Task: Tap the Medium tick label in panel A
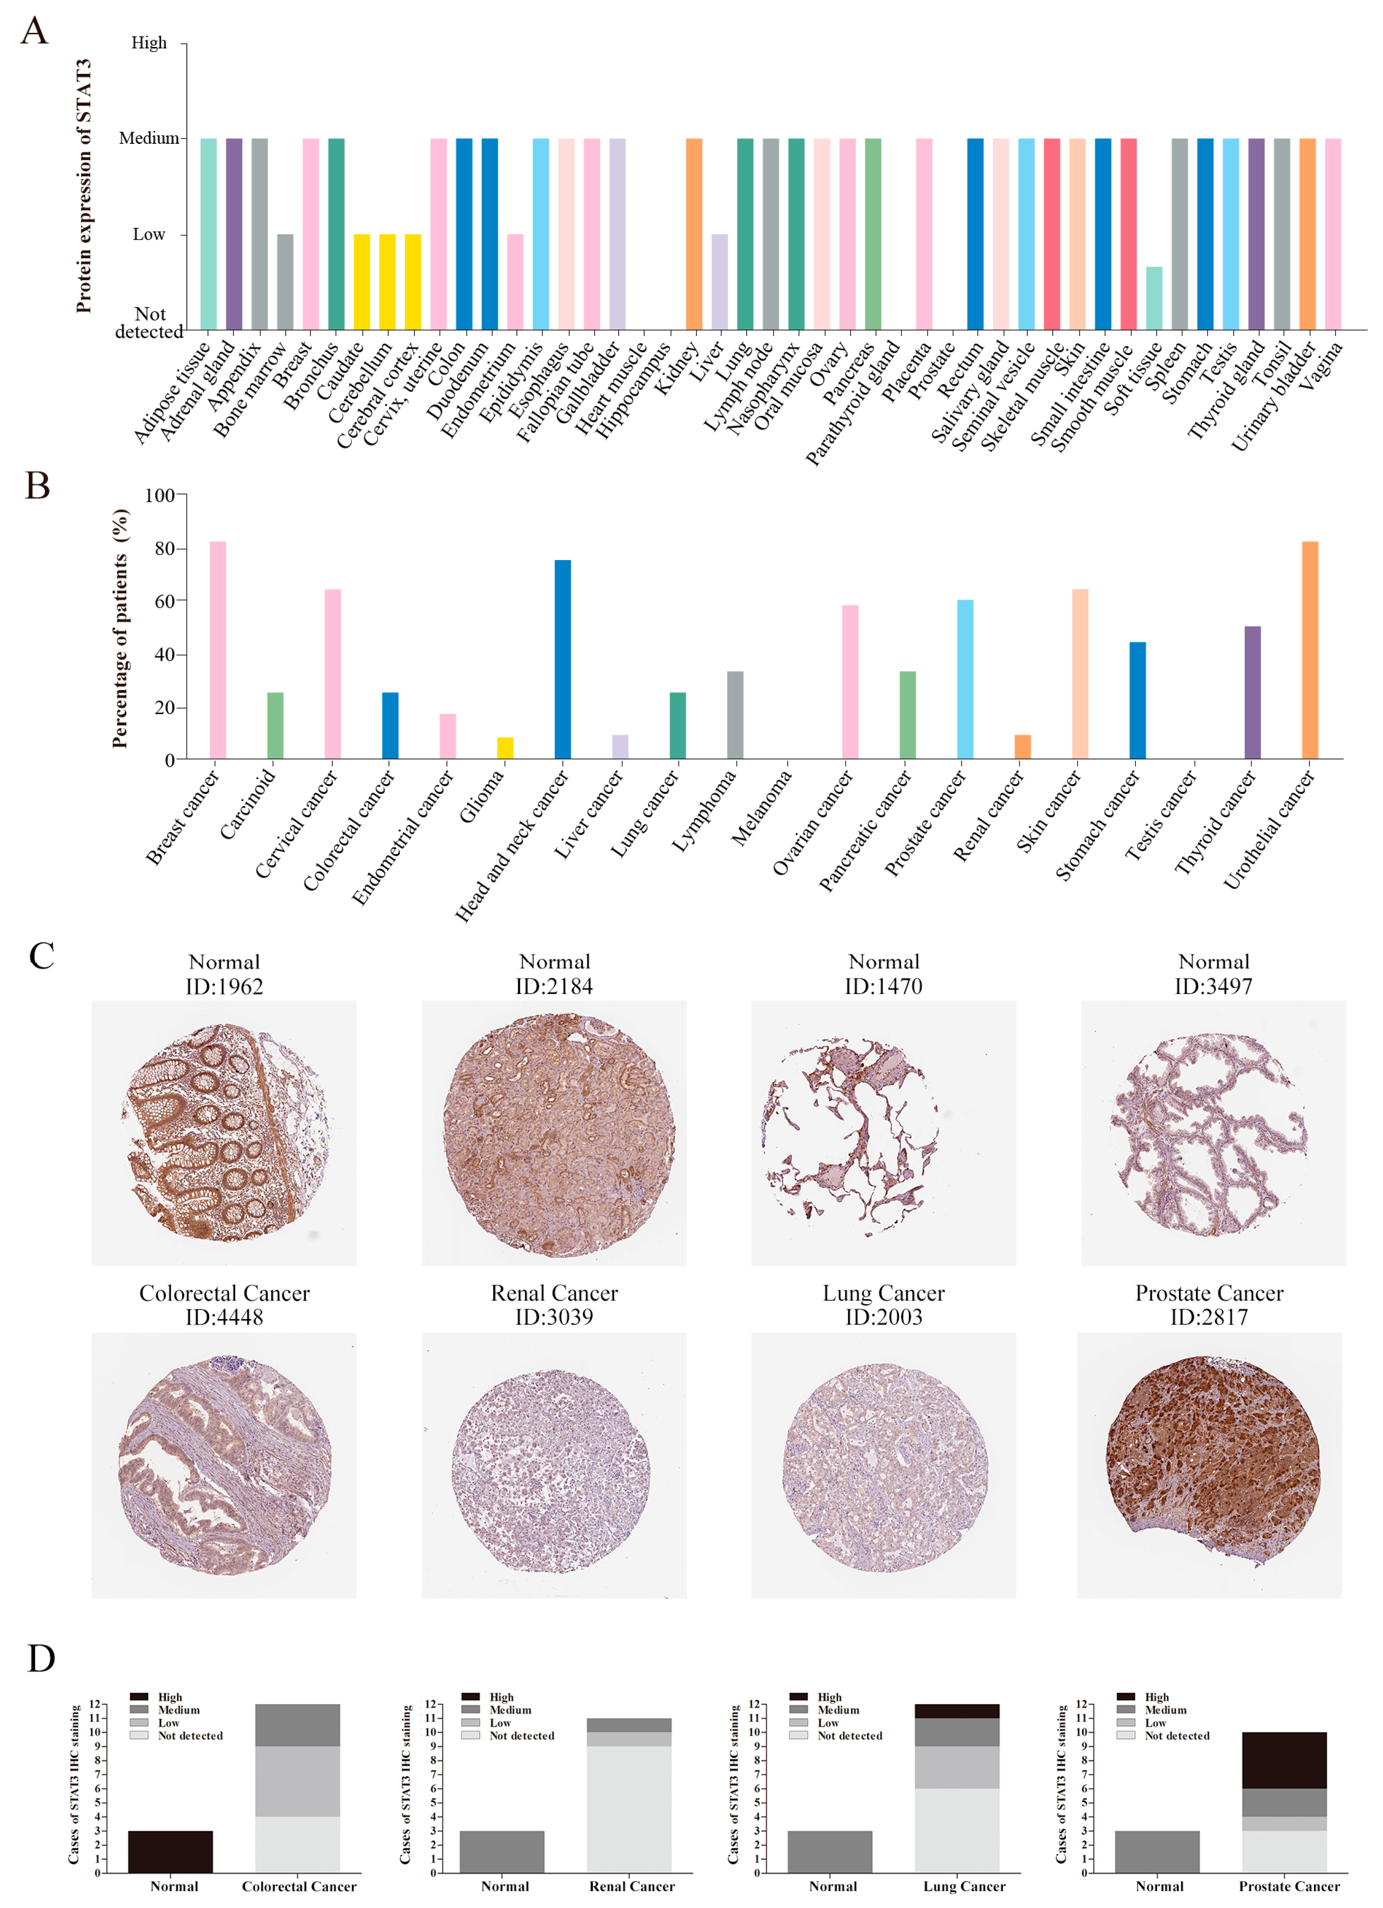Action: click(x=148, y=138)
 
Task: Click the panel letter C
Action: click(x=41, y=956)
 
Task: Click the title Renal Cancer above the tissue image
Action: click(x=554, y=1293)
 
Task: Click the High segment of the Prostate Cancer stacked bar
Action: click(x=1284, y=1760)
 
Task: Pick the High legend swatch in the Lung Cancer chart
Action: click(x=798, y=1697)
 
